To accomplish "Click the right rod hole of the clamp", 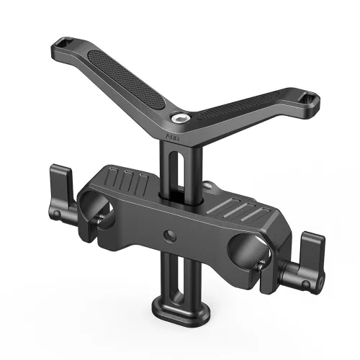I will pyautogui.click(x=242, y=251).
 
